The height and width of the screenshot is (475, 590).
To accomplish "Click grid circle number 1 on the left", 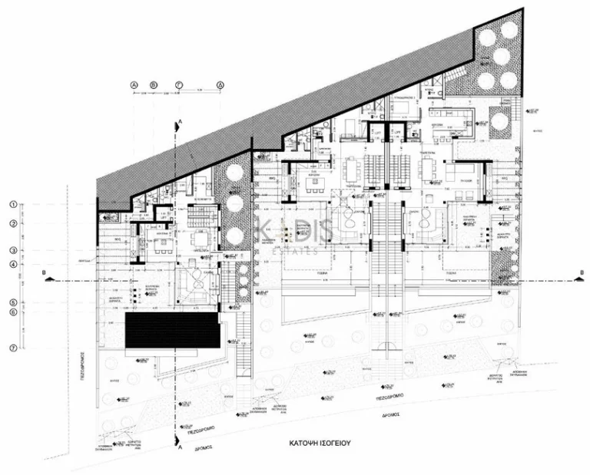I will (x=13, y=204).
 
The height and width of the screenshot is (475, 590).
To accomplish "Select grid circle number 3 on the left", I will (x=13, y=250).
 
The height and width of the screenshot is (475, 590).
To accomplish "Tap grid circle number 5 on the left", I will (x=13, y=302).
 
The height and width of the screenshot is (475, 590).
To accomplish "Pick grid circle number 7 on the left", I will (x=13, y=348).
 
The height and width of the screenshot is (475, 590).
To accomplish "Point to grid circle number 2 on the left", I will (x=13, y=223).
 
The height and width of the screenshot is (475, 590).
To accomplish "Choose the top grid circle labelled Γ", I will (x=177, y=84).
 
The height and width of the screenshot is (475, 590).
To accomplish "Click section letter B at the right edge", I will (x=582, y=272).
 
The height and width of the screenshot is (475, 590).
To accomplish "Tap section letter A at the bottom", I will (x=179, y=453).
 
